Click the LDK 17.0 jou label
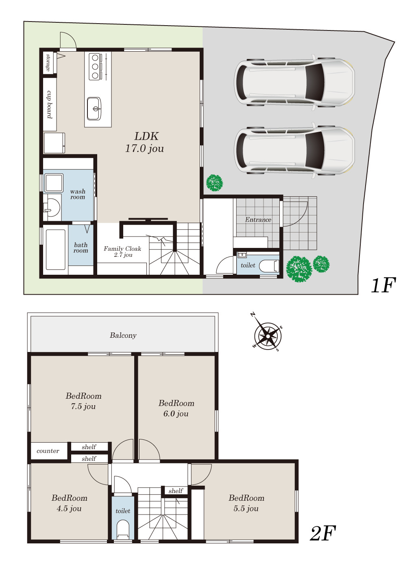click(145, 142)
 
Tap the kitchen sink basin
click(94, 109)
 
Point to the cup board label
click(50, 104)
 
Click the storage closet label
click(48, 63)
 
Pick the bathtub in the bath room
click(55, 249)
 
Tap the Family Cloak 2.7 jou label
click(122, 252)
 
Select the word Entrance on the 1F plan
click(258, 220)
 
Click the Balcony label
click(123, 336)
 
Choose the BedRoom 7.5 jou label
click(83, 401)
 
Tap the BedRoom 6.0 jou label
click(176, 408)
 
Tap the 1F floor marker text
click(383, 285)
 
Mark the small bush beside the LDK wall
click(214, 182)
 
